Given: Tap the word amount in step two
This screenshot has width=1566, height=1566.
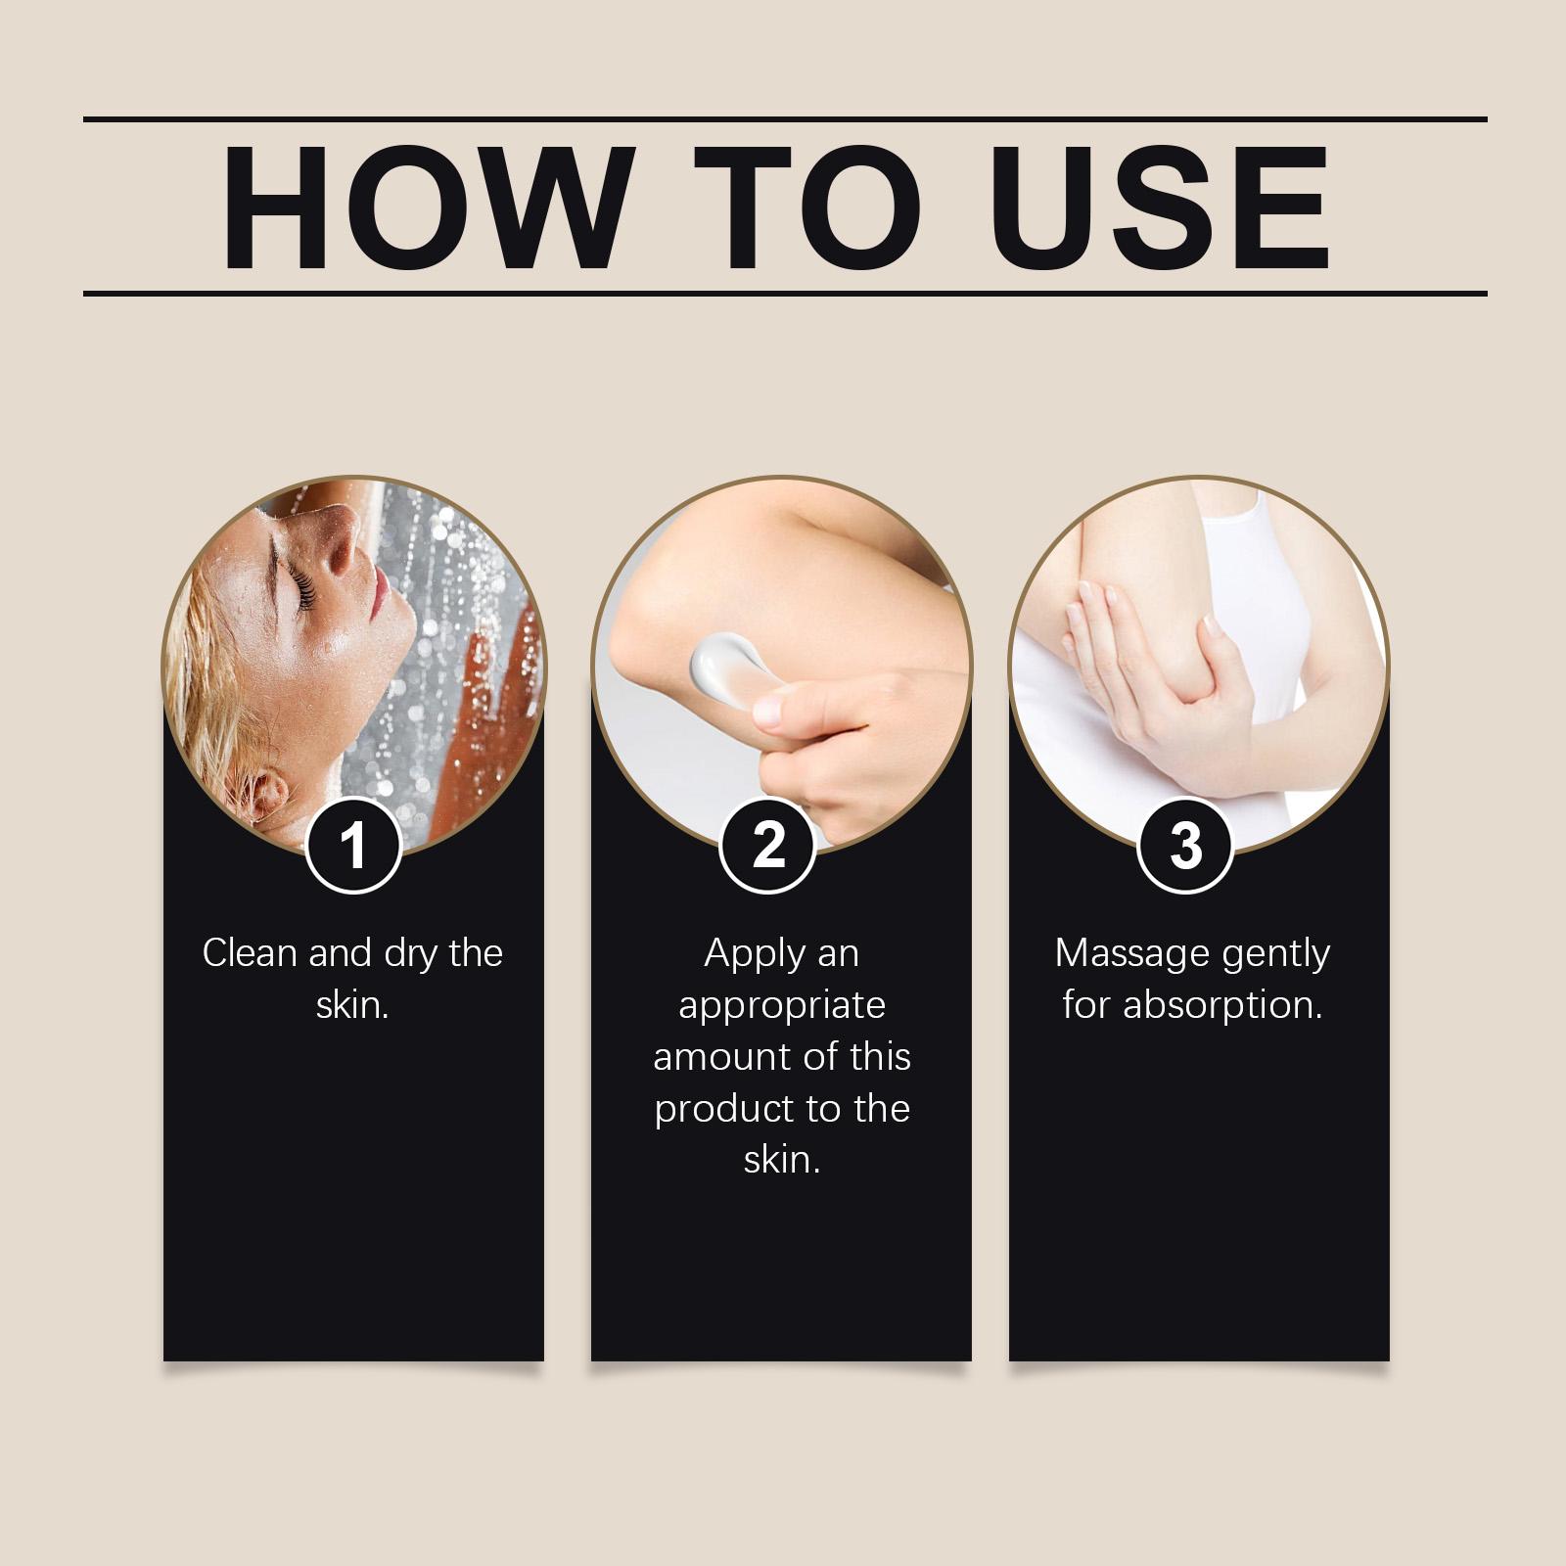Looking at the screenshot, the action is pos(718,1057).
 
